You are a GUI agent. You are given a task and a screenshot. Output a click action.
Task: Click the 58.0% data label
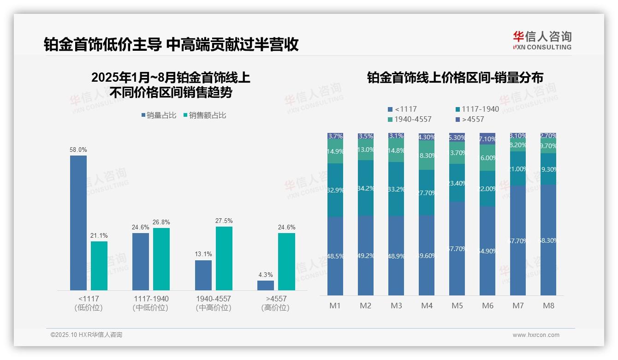pyautogui.click(x=78, y=150)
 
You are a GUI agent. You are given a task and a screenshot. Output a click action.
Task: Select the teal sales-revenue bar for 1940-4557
pyautogui.click(x=224, y=258)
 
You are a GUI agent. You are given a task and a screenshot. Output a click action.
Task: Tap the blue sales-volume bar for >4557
pyautogui.click(x=266, y=285)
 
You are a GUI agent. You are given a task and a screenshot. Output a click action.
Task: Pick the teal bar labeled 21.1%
pyautogui.click(x=99, y=265)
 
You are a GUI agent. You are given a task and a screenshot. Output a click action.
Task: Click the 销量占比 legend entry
pyautogui.click(x=159, y=115)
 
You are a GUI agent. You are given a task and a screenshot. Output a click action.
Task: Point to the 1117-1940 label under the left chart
pyautogui.click(x=151, y=299)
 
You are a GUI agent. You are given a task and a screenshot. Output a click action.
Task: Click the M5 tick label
pyautogui.click(x=457, y=306)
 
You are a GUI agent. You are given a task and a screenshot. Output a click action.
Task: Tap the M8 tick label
pyautogui.click(x=548, y=306)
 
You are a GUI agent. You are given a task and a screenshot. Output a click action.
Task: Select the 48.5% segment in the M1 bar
pyautogui.click(x=335, y=256)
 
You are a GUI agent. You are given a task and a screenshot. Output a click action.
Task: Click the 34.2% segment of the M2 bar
pyautogui.click(x=366, y=188)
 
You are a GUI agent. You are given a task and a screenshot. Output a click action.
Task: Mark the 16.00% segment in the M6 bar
pyautogui.click(x=487, y=158)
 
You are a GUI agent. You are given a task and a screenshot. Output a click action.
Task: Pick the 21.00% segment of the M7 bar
pyautogui.click(x=518, y=169)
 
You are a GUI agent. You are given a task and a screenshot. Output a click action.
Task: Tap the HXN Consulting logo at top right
pyautogui.click(x=542, y=40)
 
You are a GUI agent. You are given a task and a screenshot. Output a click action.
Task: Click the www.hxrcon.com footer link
pyautogui.click(x=535, y=335)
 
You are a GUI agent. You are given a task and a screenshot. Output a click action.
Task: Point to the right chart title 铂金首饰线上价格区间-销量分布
pyautogui.click(x=455, y=78)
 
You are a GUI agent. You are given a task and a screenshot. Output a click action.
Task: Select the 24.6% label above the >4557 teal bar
pyautogui.click(x=286, y=228)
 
